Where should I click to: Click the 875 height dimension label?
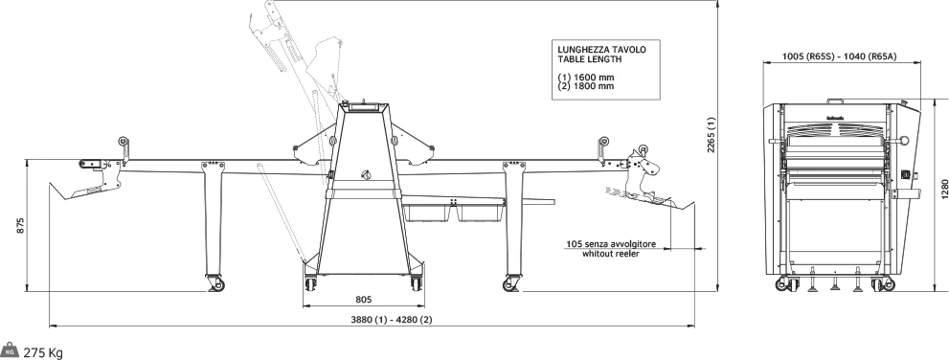pos(20,226)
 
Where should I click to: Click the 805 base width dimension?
pos(363,299)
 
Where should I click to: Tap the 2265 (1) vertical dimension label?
pos(712,135)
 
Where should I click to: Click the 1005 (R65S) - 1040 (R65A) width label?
pos(839,56)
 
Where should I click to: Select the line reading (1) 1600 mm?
pos(586,78)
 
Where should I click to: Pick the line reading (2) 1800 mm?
pos(586,86)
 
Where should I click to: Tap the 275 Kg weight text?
pos(43,353)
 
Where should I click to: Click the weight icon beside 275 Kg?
pos(10,350)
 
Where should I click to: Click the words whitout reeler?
pos(611,254)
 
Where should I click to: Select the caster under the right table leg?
pos(511,283)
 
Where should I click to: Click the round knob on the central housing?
pos(366,175)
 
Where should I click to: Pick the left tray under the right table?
pos(427,213)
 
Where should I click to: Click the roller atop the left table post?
pos(124,142)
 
